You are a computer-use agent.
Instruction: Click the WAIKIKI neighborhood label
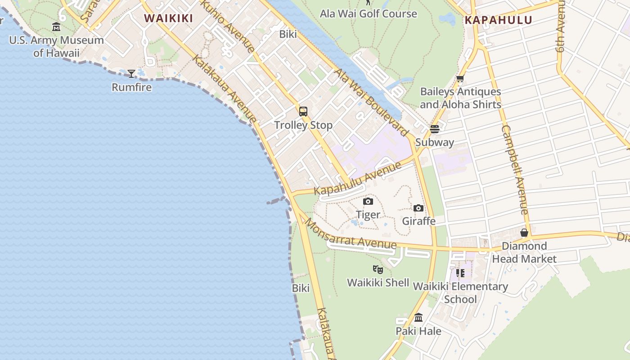168,18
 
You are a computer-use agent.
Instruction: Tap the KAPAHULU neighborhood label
498,20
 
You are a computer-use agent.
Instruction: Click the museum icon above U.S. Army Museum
56,27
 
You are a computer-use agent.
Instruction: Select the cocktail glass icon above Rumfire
131,74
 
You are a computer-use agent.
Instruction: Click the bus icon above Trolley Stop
303,112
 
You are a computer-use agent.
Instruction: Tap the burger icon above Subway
434,129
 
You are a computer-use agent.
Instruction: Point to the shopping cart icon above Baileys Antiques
460,79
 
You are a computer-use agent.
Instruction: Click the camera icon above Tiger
368,201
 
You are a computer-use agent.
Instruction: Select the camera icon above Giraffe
418,208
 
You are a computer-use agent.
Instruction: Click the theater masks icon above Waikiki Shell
378,270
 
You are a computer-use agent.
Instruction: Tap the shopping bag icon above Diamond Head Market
524,233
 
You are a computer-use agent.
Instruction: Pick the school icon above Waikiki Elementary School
460,273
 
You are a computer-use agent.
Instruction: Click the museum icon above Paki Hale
418,318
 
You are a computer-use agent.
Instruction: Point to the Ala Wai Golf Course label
368,14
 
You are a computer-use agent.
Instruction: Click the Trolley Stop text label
303,125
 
